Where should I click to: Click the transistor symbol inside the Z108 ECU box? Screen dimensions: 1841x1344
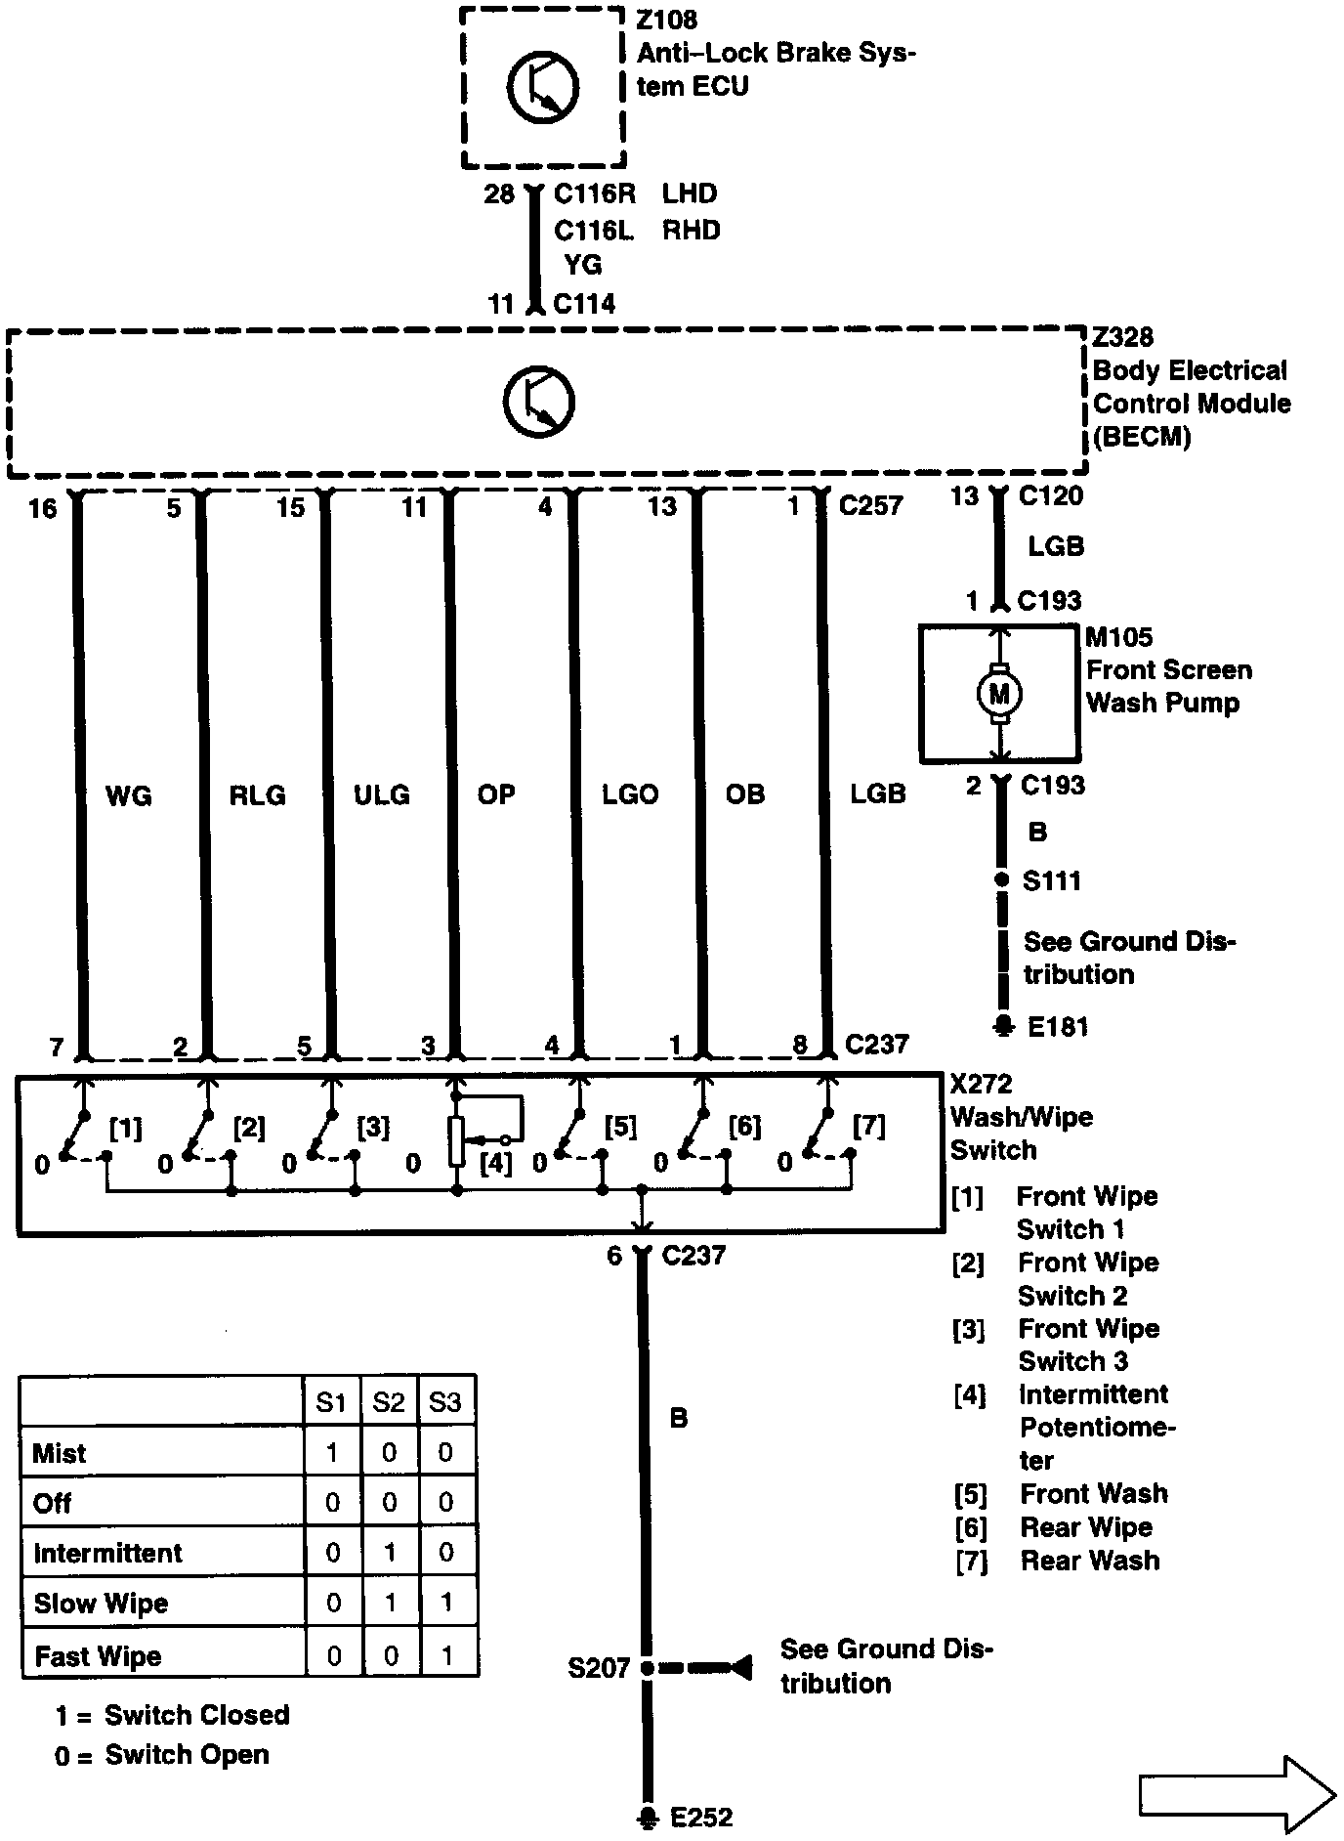541,87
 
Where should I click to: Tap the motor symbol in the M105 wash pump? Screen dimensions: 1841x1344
999,694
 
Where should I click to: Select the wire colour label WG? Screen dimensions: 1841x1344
128,796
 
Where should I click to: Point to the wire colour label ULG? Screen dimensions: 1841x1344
381,795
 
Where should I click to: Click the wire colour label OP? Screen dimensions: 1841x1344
495,794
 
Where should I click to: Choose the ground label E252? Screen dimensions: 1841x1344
701,1817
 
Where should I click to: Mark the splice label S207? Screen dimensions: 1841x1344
598,1667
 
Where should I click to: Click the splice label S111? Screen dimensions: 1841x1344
1051,880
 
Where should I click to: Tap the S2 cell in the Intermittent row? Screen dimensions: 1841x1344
389,1554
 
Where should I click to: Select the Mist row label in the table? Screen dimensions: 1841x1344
60,1453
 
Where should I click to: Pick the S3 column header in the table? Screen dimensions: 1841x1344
445,1402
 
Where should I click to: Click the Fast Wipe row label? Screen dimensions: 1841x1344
98,1656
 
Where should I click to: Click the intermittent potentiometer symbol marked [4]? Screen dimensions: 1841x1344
457,1140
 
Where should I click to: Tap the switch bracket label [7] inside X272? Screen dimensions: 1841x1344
868,1126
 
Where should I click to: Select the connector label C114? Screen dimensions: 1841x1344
584,304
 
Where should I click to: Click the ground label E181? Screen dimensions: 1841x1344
1058,1026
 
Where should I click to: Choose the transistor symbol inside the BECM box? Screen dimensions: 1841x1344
539,402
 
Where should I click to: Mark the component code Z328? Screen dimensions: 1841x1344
1123,337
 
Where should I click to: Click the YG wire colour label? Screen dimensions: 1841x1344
583,265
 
